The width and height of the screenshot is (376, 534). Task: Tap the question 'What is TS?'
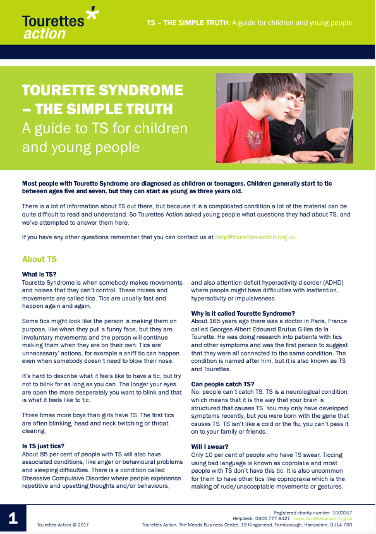[x=39, y=275]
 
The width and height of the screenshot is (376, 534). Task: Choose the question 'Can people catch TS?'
[x=223, y=383]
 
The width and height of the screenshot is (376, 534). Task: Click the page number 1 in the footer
[x=13, y=519]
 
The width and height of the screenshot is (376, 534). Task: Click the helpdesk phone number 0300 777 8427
[x=272, y=518]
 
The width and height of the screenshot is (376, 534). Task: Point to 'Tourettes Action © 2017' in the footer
[x=62, y=525]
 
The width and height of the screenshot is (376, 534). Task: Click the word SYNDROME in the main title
[x=140, y=90]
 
